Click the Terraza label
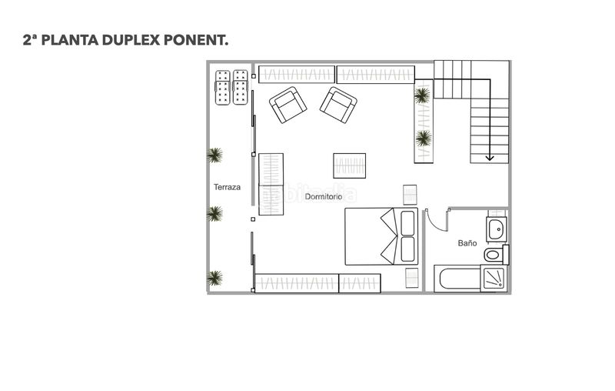227,187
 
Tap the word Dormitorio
323,197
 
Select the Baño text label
467,242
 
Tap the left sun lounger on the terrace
223,88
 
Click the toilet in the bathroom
494,253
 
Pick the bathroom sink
497,229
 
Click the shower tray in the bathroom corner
494,278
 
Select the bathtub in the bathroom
457,279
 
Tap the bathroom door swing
436,219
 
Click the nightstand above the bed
410,194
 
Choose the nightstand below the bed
411,276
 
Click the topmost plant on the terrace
215,155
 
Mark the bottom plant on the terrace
215,277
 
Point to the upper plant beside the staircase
422,95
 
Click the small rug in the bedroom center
349,165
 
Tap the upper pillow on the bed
407,222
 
